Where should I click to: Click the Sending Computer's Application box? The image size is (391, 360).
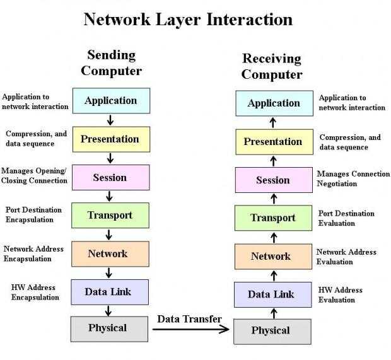[x=111, y=101]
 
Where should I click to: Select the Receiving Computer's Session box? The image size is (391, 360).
[x=274, y=180]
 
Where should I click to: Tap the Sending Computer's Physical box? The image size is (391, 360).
[x=109, y=329]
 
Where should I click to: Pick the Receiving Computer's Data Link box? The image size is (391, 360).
[x=273, y=294]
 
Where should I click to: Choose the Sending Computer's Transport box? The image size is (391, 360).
[x=110, y=216]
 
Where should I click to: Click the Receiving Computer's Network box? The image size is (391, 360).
[x=273, y=257]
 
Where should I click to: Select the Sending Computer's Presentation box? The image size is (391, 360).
[x=111, y=139]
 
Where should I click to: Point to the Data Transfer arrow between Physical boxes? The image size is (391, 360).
[x=191, y=329]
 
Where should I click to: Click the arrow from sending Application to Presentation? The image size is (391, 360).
[x=110, y=120]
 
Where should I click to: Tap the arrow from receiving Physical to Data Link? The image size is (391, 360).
[x=274, y=313]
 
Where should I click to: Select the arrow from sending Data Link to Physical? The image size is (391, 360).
[x=108, y=311]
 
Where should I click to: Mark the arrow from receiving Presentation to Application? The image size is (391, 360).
[x=273, y=123]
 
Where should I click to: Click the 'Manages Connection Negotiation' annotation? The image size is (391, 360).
[x=353, y=178]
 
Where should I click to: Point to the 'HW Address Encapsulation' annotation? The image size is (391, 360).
[x=35, y=292]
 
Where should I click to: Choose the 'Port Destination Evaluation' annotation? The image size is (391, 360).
[x=346, y=218]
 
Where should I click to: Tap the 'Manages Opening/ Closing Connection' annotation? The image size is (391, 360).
[x=34, y=175]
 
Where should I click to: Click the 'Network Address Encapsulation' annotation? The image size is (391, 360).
[x=33, y=254]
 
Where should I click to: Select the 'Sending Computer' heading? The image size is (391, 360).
[x=112, y=63]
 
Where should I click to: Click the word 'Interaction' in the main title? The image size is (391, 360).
[x=250, y=20]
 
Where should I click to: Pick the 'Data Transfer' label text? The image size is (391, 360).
[x=190, y=319]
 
